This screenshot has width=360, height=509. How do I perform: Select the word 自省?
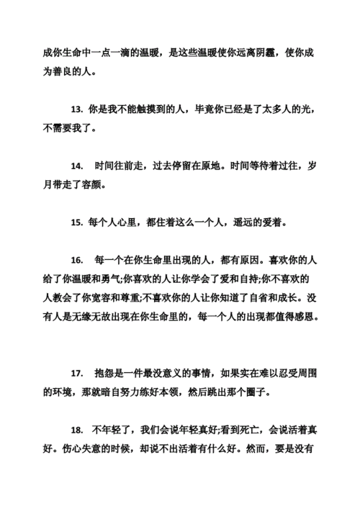click(x=257, y=297)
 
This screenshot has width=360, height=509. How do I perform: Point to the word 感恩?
click(x=307, y=316)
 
